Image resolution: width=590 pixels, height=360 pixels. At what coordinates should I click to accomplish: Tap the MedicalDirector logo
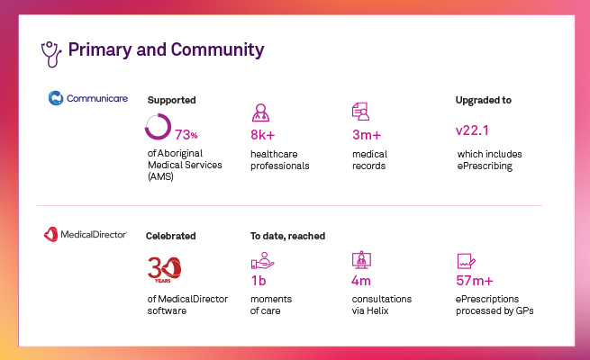coord(86,235)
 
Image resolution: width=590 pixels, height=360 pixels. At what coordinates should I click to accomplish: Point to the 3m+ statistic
coord(368,136)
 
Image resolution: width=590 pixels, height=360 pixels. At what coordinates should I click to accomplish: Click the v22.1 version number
coord(475,131)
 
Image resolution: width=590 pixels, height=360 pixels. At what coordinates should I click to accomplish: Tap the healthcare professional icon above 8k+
coord(260,112)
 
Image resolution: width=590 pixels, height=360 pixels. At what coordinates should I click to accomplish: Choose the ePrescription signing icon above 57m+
coord(466,261)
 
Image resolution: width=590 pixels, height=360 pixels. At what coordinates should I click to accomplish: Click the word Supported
coord(171,100)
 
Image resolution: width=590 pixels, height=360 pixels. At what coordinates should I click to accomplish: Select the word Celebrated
coord(171,236)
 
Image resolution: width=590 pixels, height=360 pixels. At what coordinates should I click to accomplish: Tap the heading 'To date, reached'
coord(287,236)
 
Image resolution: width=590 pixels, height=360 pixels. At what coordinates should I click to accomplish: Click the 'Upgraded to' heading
coord(484,100)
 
